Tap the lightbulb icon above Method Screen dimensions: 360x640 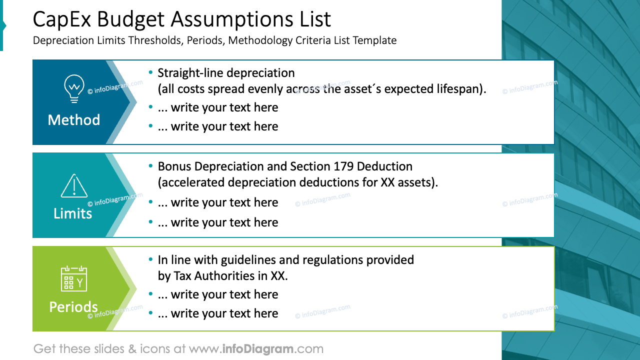point(74,88)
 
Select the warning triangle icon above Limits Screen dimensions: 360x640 point(74,185)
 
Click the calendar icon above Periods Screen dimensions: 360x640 point(74,278)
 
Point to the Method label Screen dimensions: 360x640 point(74,120)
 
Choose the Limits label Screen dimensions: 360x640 point(73,213)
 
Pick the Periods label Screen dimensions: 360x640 point(73,306)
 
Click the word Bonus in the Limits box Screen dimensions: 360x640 point(174,166)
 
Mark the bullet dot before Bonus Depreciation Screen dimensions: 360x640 point(151,166)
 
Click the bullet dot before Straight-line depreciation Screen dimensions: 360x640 point(151,72)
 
